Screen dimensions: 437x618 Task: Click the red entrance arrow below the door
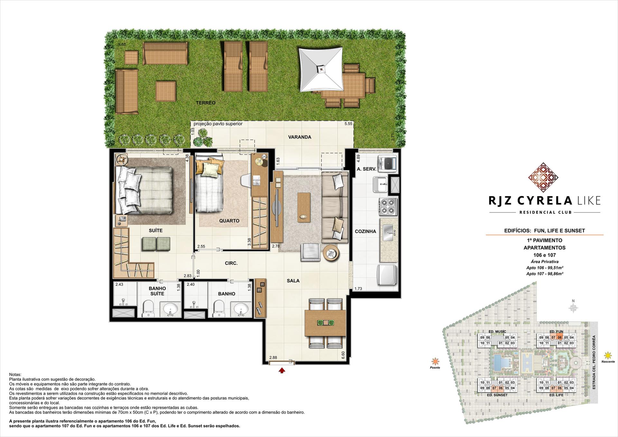282,370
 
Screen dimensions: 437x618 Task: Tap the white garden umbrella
321,69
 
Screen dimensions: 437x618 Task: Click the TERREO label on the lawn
206,103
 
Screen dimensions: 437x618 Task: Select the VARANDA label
299,137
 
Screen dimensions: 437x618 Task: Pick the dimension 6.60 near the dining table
343,355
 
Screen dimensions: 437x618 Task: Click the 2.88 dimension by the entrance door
273,358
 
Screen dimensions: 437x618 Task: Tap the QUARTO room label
229,221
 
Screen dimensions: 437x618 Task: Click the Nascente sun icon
608,356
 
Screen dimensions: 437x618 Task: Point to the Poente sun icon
435,361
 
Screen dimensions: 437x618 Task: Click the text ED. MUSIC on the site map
497,331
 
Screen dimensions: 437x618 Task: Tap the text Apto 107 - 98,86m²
544,274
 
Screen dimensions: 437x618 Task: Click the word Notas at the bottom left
15,375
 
